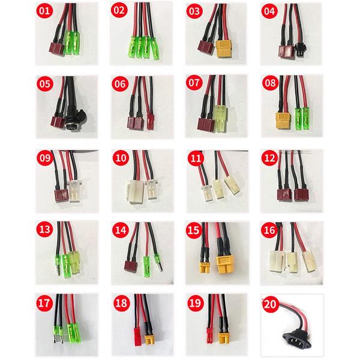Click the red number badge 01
click(44, 11)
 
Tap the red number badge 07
click(194, 83)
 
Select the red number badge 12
click(269, 158)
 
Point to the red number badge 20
click(270, 304)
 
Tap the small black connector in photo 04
click(299, 50)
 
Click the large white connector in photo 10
click(135, 191)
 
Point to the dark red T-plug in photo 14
click(131, 266)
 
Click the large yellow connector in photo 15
click(225, 265)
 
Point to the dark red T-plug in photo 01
click(57, 49)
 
